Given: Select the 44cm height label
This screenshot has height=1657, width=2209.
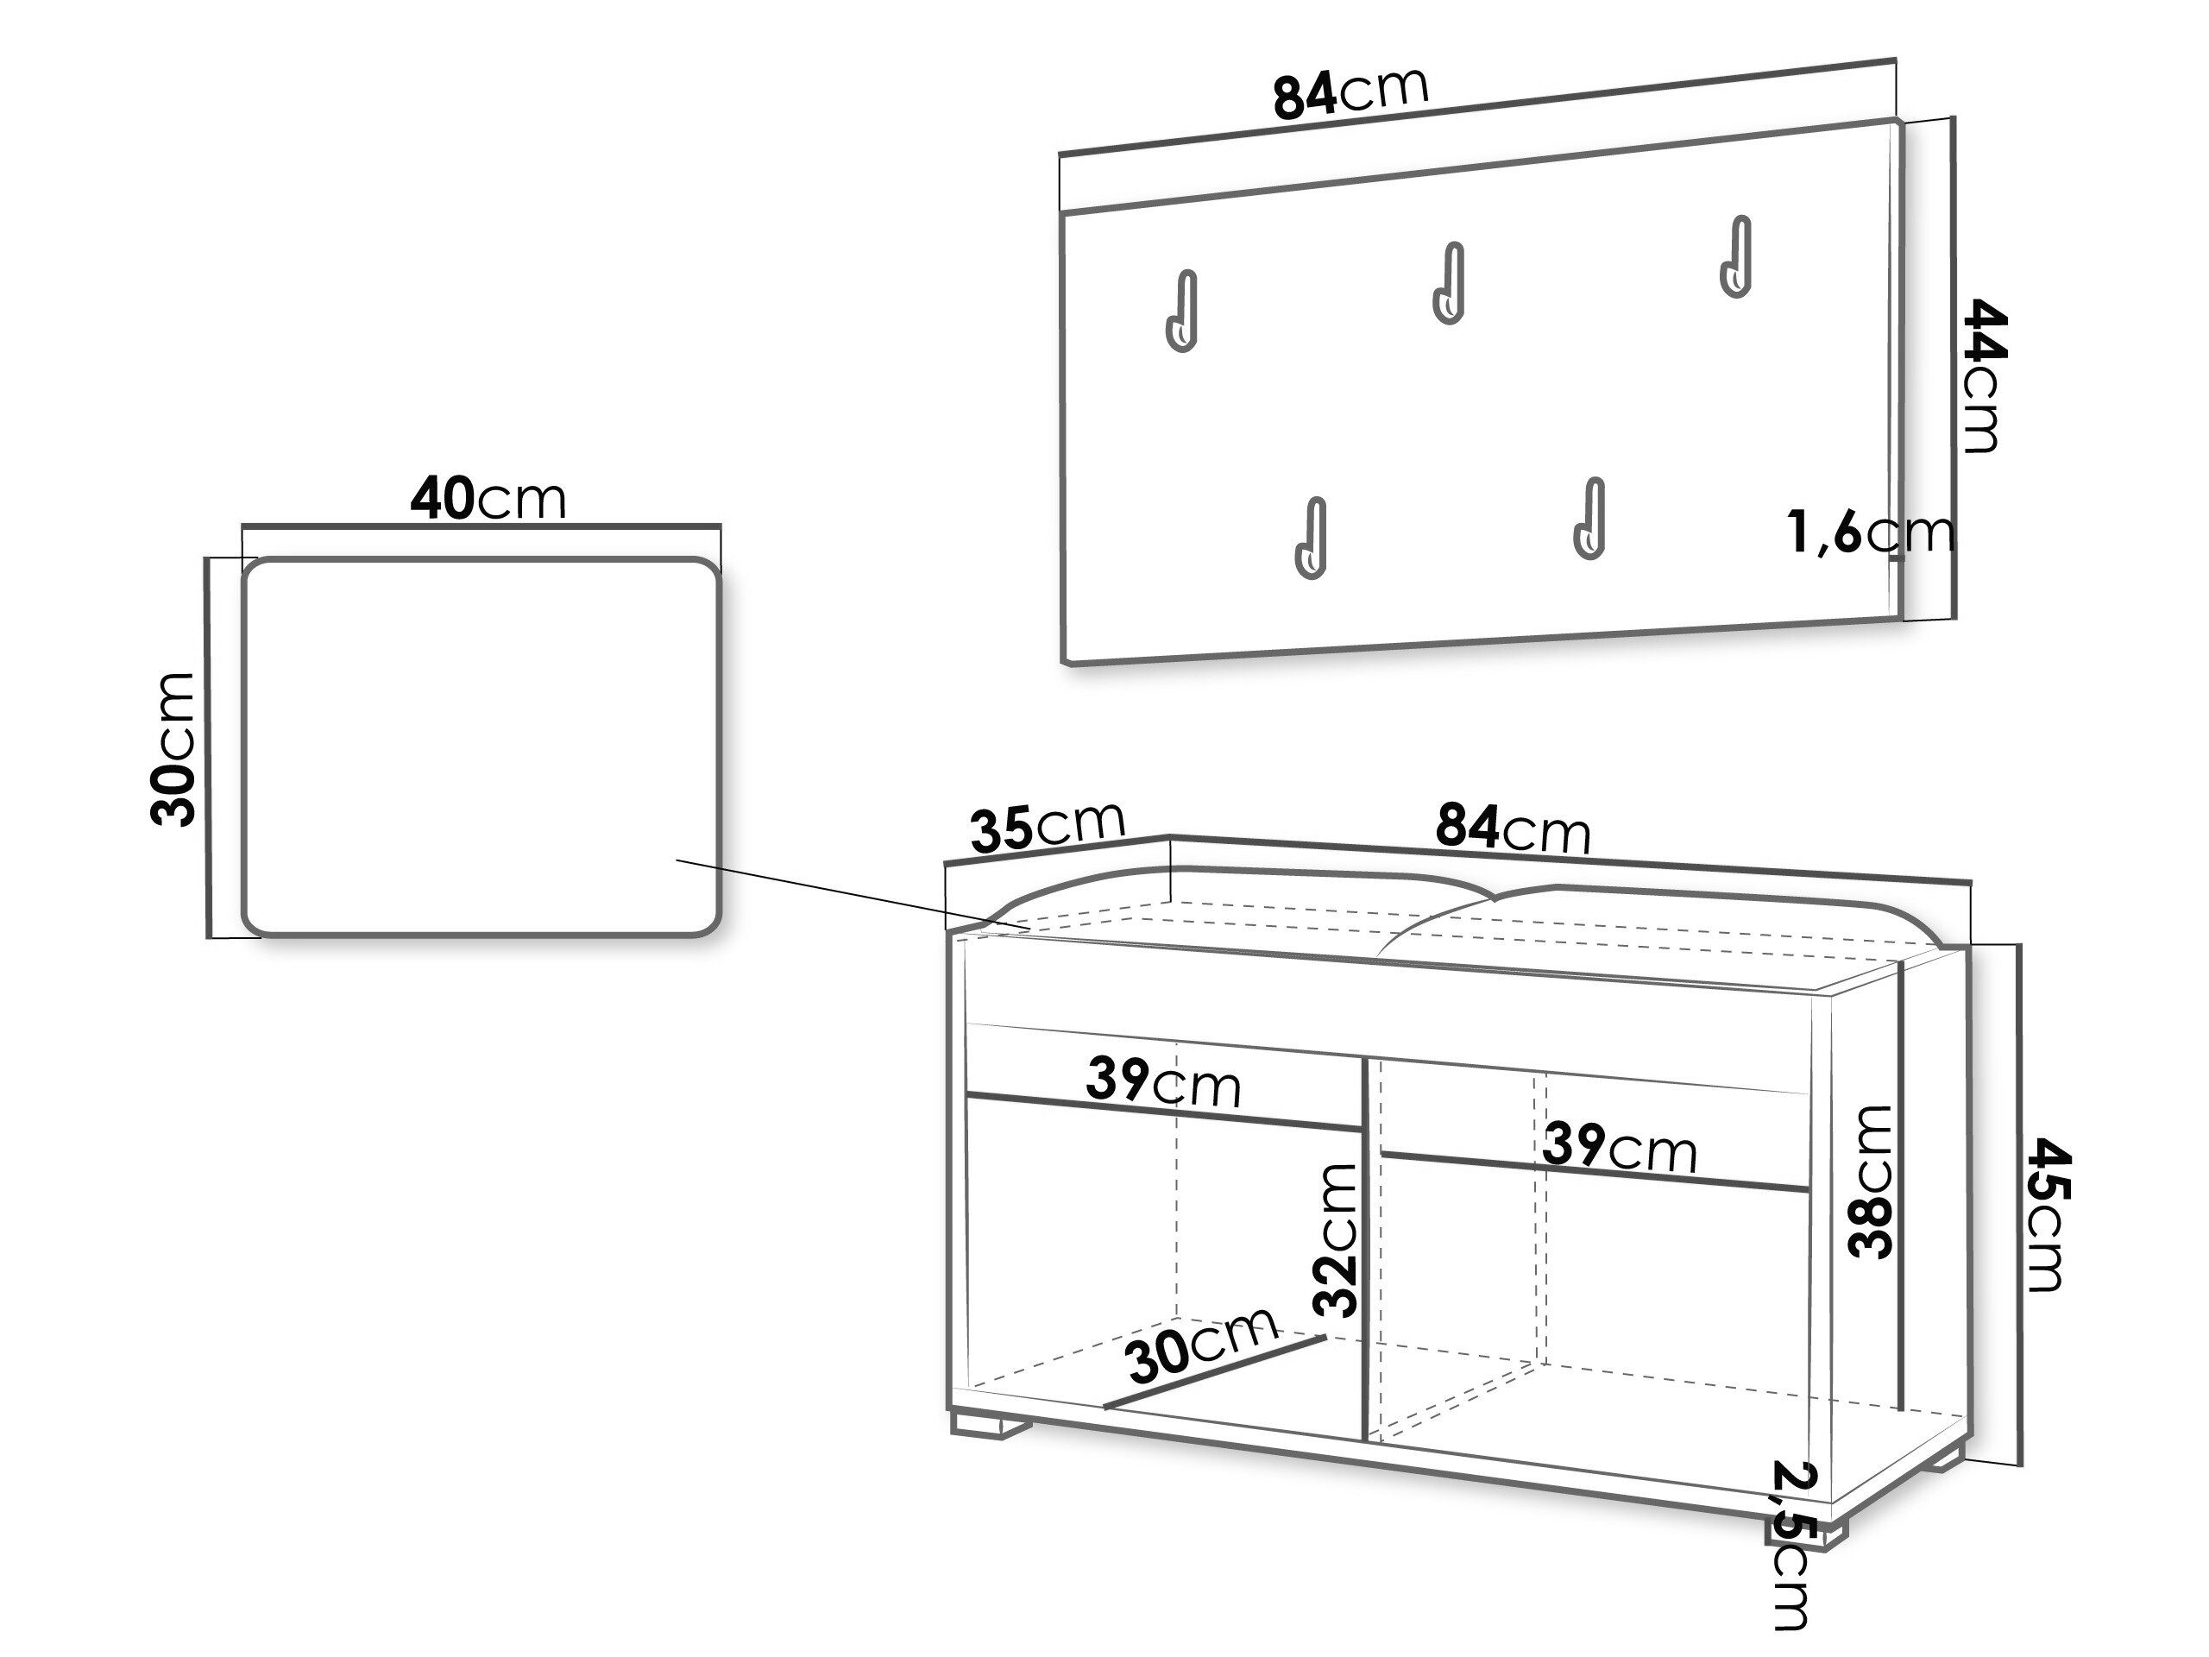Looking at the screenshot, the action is coord(1982,375).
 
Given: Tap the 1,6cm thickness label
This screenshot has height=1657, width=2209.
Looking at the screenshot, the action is coord(1870,532).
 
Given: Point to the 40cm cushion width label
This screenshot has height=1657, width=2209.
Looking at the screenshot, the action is coord(488,499).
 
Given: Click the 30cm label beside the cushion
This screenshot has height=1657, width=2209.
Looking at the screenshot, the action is coord(172,749).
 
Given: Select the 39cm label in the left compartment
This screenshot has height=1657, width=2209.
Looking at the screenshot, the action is coord(1163,1081).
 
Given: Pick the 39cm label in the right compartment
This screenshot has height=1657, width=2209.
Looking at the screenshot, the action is coord(1620,1147).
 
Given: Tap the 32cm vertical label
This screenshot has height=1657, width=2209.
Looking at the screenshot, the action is coord(1335,1239).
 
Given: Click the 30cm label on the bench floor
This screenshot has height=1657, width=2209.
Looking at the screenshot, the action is coord(1201,1345).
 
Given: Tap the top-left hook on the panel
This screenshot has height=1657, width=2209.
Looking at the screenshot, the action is coord(1180,311).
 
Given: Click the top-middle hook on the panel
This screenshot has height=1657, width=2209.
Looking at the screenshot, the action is coord(1449,283).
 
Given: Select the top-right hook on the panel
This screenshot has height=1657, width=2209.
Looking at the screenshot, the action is coord(1735,255).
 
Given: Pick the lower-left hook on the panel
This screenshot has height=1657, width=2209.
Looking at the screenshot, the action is coord(1310,538).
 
